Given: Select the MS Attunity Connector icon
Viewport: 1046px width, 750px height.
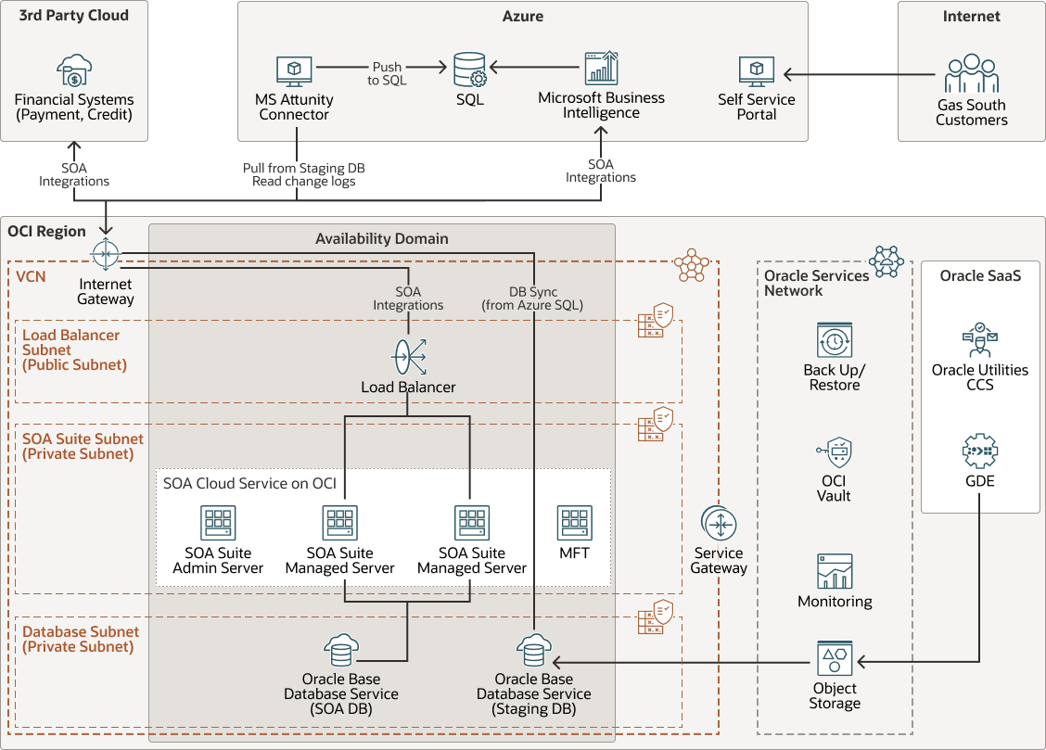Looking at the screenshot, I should coord(294,71).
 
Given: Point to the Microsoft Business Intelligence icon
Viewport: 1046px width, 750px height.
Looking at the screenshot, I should coord(601,70).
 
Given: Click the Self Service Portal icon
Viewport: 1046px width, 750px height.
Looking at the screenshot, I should coord(757,72).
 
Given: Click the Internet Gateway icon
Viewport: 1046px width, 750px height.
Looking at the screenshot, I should coord(106,252).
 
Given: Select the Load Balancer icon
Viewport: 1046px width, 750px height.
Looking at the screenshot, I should coord(408,356).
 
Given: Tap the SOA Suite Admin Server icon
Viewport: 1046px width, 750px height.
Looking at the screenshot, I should coord(218,524).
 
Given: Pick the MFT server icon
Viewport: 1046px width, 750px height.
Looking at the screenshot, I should coord(574,524).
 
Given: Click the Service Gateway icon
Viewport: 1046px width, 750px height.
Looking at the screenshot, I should coord(719,524).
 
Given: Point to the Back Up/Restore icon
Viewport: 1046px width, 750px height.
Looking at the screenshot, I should coord(835,340).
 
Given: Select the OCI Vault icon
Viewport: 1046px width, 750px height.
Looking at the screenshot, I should coord(835,452).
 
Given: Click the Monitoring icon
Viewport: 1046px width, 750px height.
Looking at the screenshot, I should coord(835,571).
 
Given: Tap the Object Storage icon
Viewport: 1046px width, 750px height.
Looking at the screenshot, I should coord(835,659).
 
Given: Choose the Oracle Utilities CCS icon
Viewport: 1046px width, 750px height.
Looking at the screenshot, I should coord(979,340).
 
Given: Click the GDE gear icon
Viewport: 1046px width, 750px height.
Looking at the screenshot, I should coord(979,452).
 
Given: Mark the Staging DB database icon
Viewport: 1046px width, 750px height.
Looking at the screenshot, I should coord(533,651).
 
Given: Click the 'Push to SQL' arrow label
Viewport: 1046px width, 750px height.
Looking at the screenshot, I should coord(387,73).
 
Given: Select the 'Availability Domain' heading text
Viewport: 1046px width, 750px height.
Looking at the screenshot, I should coord(381,238).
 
